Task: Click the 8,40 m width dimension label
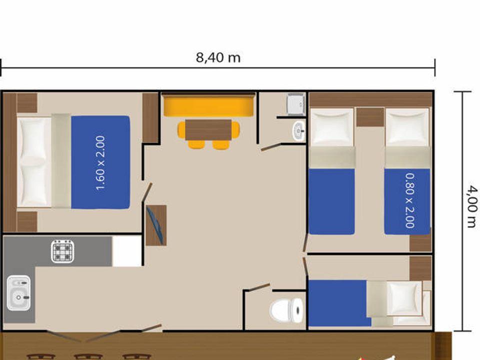click(218, 57)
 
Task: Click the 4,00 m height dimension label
click(472, 206)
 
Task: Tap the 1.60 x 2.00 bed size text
click(100, 163)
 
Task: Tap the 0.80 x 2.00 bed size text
click(410, 201)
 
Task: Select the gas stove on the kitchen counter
click(63, 251)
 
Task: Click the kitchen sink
click(18, 292)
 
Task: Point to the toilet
click(287, 310)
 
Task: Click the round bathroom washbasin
click(298, 131)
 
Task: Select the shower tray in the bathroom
click(296, 104)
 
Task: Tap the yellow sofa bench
click(209, 105)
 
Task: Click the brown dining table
click(208, 130)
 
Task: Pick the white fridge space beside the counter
click(126, 251)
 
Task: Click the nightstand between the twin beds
click(370, 117)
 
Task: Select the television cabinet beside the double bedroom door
click(156, 225)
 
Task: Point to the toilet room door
click(259, 288)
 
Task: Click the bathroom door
click(271, 147)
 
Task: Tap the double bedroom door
click(147, 192)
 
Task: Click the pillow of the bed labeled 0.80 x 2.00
click(407, 126)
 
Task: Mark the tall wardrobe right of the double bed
click(150, 118)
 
